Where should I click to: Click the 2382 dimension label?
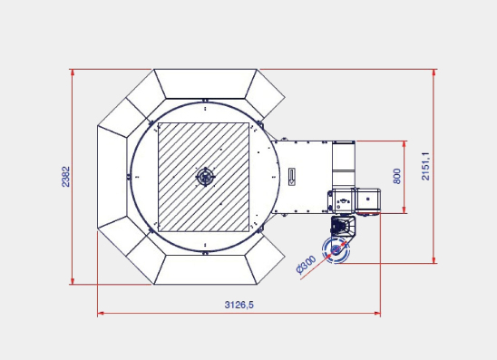click(66, 177)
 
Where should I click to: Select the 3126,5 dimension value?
click(239, 305)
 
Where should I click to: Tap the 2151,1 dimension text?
click(425, 166)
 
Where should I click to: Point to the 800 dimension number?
click(396, 176)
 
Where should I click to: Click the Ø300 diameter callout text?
click(306, 265)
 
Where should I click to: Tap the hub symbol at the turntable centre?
click(205, 177)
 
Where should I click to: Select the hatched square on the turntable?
click(203, 177)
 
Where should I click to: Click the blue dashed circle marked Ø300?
click(336, 250)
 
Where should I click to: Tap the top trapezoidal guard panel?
click(205, 83)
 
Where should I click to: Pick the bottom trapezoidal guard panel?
click(205, 269)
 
